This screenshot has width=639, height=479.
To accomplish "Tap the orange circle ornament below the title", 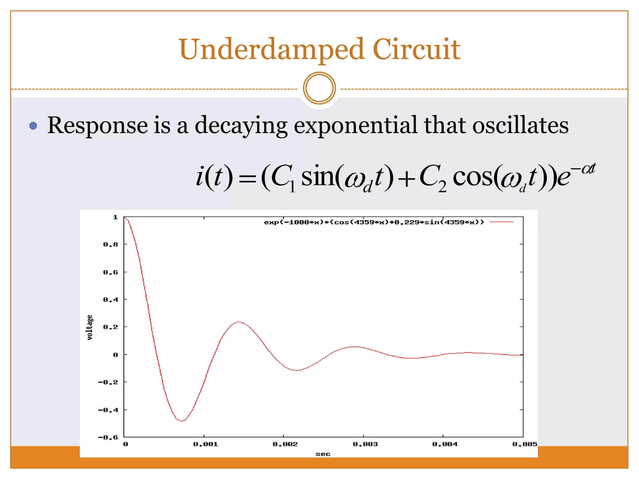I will click(319, 88).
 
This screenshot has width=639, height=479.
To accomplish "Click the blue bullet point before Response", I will click(33, 126).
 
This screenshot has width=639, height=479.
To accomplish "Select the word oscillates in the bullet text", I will click(520, 125).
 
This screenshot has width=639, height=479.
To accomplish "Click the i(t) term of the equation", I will click(214, 177).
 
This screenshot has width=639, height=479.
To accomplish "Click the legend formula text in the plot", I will click(374, 222).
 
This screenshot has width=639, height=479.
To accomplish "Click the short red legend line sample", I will click(501, 222).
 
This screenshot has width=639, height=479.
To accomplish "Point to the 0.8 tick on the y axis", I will click(110, 244).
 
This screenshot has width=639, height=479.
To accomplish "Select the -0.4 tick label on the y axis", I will click(108, 410).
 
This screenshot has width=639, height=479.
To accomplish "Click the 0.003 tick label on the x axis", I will click(365, 444).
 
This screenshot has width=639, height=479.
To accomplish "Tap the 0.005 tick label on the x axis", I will click(524, 444).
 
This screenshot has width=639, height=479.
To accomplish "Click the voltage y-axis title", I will click(90, 327).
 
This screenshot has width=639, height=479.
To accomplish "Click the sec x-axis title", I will click(323, 454).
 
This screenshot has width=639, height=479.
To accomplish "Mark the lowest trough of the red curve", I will click(182, 421).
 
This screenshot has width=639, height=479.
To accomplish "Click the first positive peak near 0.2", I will click(239, 322).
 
